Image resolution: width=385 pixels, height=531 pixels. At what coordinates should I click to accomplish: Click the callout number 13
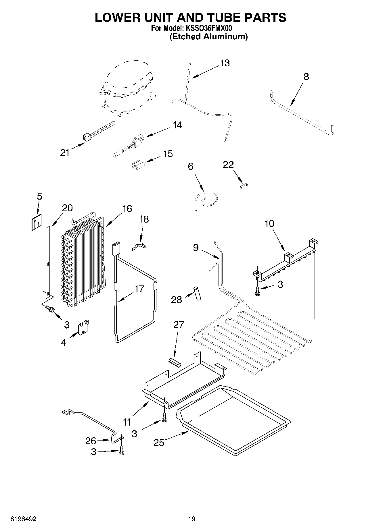pyautogui.click(x=225, y=63)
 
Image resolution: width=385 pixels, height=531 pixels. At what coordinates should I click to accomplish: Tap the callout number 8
pyautogui.click(x=306, y=77)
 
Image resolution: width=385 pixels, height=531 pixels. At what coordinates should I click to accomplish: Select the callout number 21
pyautogui.click(x=65, y=153)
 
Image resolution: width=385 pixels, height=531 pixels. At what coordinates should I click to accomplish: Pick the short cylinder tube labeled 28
pyautogui.click(x=197, y=293)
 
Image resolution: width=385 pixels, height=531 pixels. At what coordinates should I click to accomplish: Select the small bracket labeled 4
pyautogui.click(x=84, y=327)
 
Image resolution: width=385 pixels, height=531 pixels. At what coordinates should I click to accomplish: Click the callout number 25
pyautogui.click(x=158, y=443)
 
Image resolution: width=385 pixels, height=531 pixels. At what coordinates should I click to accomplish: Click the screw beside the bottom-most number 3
pyautogui.click(x=122, y=451)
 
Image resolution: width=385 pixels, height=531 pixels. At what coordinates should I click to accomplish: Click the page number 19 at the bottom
pyautogui.click(x=192, y=518)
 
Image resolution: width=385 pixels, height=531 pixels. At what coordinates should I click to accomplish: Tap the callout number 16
pyautogui.click(x=127, y=209)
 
